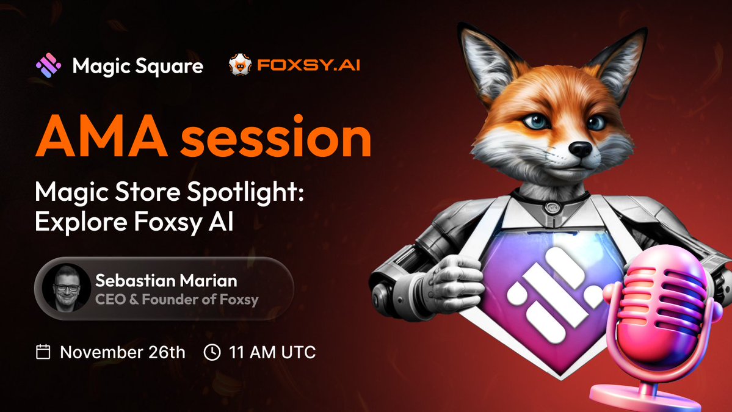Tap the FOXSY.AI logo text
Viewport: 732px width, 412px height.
pos(308,65)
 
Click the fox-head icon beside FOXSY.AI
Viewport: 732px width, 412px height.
pos(239,65)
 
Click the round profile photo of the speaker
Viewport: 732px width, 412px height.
pos(63,287)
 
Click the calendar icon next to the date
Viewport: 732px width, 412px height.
pos(43,352)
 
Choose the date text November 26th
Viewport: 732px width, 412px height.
pos(122,352)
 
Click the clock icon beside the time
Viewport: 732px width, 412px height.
pos(212,352)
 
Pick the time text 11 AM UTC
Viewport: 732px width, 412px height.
pos(272,352)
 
